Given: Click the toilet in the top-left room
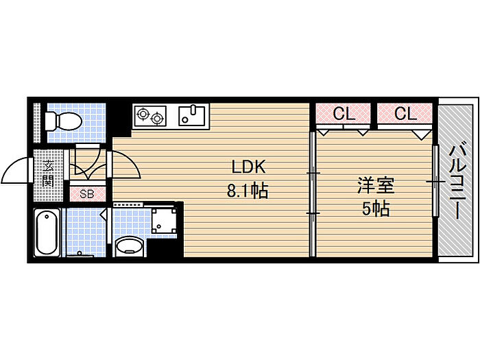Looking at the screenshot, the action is point(63,121).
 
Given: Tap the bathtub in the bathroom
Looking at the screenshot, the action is point(47,232).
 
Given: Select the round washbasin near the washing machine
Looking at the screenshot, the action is point(129,245).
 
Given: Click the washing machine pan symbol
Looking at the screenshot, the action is point(164,220).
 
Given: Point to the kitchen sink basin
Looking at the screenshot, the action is point(192,116).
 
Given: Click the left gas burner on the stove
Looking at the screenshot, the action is point(143,114).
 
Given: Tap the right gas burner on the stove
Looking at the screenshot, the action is point(157,118).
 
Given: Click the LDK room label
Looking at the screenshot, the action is point(248,167).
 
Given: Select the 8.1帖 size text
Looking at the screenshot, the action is point(248,191).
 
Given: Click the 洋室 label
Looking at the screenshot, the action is point(376,185).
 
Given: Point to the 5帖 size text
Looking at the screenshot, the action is point(376,209).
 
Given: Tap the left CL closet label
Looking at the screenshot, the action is point(344,114).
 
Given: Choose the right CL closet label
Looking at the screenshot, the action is point(405,114).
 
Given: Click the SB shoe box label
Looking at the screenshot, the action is point(86,194).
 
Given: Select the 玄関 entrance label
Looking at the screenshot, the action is point(48,173).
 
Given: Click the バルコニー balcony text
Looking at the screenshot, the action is point(457,183).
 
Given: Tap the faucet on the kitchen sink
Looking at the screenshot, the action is point(193,110).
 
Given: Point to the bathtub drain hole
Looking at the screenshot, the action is point(47,217).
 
